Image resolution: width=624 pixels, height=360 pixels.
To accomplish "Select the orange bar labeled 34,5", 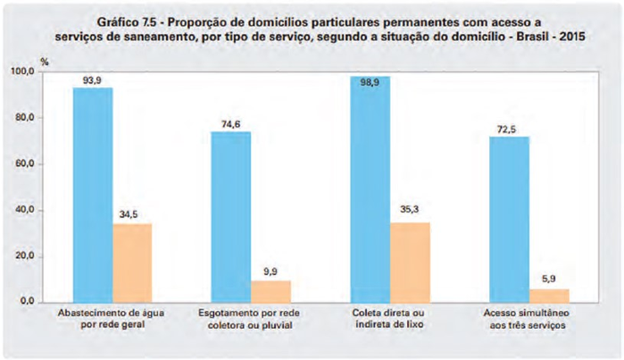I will point(132,263).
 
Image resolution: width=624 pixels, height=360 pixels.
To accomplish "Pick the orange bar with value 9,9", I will point(270,291).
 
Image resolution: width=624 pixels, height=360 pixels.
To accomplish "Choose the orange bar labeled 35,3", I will point(410,262).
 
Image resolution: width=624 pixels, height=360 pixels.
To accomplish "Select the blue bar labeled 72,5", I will point(509,219).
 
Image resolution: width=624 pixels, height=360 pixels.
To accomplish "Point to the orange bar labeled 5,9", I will point(549,296).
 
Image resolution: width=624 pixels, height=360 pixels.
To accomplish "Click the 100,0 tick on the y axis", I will point(21,71).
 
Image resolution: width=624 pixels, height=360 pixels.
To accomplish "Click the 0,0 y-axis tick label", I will point(27,303).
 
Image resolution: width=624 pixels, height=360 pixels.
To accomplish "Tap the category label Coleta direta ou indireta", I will point(389,320).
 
